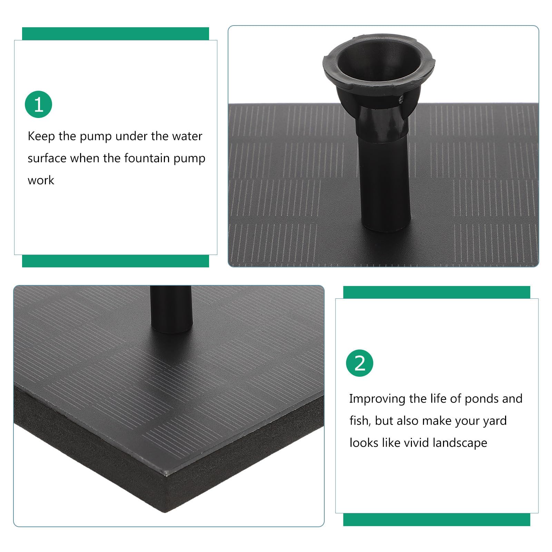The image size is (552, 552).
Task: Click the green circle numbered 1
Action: (x=38, y=104)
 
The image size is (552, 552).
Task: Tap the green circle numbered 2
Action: (x=359, y=363)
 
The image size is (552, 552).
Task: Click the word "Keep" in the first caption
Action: (x=41, y=137)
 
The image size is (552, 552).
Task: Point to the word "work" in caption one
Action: (x=41, y=180)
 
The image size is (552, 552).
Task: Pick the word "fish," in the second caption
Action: (x=360, y=421)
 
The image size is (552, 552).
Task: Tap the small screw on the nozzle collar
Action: (x=401, y=100)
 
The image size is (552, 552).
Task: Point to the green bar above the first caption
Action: (x=116, y=34)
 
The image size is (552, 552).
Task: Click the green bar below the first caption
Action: (x=116, y=261)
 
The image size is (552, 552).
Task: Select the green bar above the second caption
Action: (x=437, y=292)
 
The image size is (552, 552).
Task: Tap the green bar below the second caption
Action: (x=437, y=519)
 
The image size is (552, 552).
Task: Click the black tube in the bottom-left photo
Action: (x=171, y=309)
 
